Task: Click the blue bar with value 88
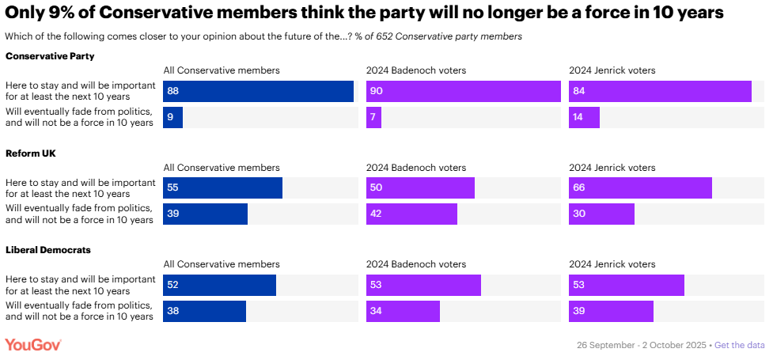tap(258, 92)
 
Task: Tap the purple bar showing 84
tap(660, 92)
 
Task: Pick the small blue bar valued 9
tap(173, 118)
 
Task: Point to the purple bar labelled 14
tap(584, 118)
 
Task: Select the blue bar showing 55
tap(222, 188)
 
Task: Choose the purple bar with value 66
tap(640, 188)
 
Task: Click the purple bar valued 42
tap(411, 214)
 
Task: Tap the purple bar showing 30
tap(601, 214)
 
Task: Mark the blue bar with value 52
tap(219, 286)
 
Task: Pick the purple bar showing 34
tap(403, 312)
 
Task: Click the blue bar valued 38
tap(204, 312)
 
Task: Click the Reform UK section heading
tap(31, 153)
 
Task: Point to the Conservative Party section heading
tap(50, 55)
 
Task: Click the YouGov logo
tap(33, 345)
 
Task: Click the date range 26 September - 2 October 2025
tap(642, 346)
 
